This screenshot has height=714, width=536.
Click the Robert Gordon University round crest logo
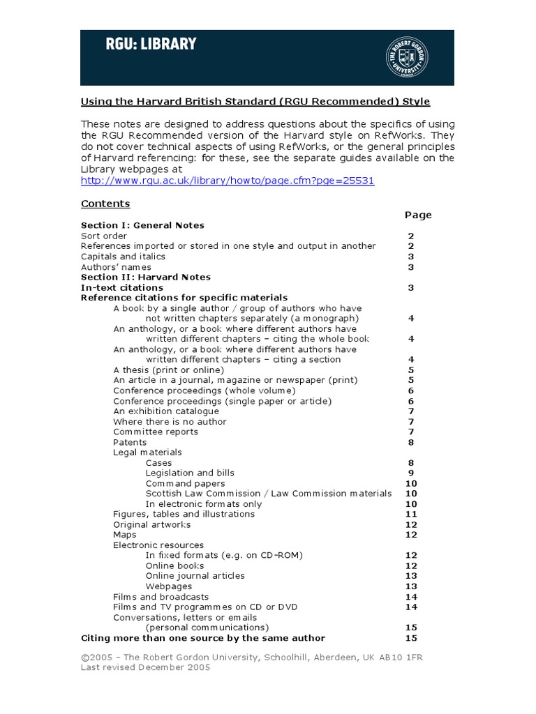408,58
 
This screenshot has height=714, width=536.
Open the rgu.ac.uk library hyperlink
228,181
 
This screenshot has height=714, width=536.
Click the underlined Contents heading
105,204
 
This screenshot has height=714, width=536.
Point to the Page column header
418,215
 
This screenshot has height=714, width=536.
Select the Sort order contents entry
104,236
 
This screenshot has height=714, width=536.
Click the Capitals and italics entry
123,257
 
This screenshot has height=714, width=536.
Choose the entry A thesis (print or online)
169,370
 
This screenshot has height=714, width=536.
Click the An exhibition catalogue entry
166,411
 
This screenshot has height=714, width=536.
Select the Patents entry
130,442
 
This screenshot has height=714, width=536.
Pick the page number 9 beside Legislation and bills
411,473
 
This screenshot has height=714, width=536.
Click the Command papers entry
185,483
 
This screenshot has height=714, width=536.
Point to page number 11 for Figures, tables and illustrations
411,514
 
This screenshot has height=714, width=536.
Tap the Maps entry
125,535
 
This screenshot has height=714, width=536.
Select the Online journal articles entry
195,576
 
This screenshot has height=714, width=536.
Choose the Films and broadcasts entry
161,597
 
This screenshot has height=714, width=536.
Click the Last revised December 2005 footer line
145,667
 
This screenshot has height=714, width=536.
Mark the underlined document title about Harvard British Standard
255,102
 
